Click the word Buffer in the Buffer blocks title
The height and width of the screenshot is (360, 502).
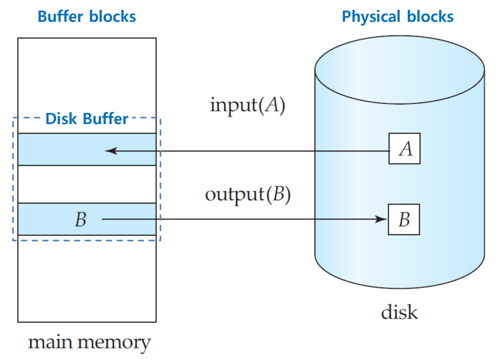60,17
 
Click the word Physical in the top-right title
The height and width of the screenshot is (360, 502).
371,17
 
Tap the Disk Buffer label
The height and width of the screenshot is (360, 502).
86,119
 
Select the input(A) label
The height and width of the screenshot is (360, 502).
247,105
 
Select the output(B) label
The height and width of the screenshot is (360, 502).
248,194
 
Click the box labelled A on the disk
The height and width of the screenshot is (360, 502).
404,148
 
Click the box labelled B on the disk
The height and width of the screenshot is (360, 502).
404,219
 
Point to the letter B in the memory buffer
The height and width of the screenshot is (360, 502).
81,219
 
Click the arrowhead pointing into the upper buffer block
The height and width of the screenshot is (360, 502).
111,151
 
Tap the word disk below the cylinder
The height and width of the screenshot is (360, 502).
399,312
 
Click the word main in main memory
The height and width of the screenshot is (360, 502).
50,342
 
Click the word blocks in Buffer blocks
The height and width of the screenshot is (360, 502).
112,17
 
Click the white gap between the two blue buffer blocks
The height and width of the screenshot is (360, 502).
87,184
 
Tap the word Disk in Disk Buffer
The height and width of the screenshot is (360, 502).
61,119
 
